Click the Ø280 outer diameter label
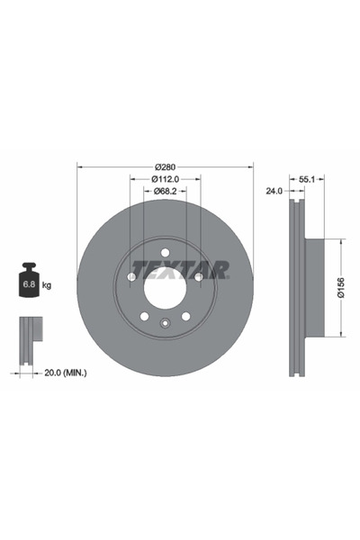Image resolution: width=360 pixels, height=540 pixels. [x=165, y=167]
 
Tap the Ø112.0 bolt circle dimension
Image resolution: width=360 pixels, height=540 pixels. [x=166, y=179]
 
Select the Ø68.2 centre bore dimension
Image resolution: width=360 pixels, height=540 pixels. [x=166, y=191]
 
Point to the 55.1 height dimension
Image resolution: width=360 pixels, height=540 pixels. [x=307, y=179]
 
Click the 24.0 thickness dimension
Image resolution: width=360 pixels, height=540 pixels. [x=274, y=191]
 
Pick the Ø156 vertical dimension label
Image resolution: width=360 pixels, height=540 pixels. [x=341, y=287]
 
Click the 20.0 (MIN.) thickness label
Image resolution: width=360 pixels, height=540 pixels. [x=66, y=373]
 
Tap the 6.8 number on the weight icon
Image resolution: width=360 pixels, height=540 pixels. [x=28, y=284]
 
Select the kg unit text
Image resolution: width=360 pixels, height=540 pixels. [x=47, y=285]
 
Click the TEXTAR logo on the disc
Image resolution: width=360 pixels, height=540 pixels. [x=180, y=269]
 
